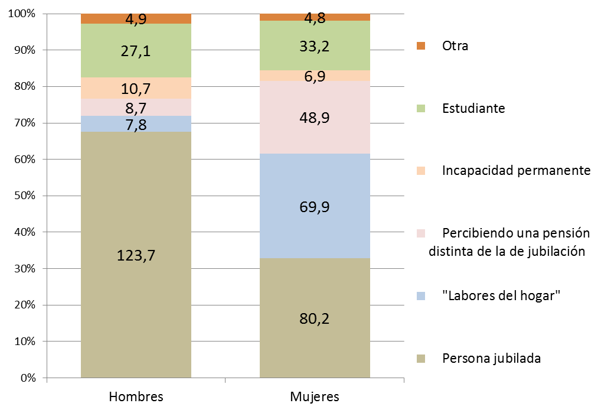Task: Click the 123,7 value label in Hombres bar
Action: tap(136, 256)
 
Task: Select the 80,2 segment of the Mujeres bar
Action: tap(315, 318)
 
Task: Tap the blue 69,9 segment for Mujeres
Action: tap(315, 206)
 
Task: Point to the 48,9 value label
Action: tap(315, 118)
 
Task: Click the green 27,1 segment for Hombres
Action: tap(136, 51)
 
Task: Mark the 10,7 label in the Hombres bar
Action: tap(136, 89)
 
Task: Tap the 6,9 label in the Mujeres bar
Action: tap(315, 76)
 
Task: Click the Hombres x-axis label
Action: tap(136, 396)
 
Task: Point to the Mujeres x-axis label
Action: tap(315, 396)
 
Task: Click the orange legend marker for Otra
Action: tap(420, 45)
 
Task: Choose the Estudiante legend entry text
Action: tap(473, 109)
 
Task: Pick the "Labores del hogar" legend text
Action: tap(501, 295)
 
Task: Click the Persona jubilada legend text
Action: tap(491, 359)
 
